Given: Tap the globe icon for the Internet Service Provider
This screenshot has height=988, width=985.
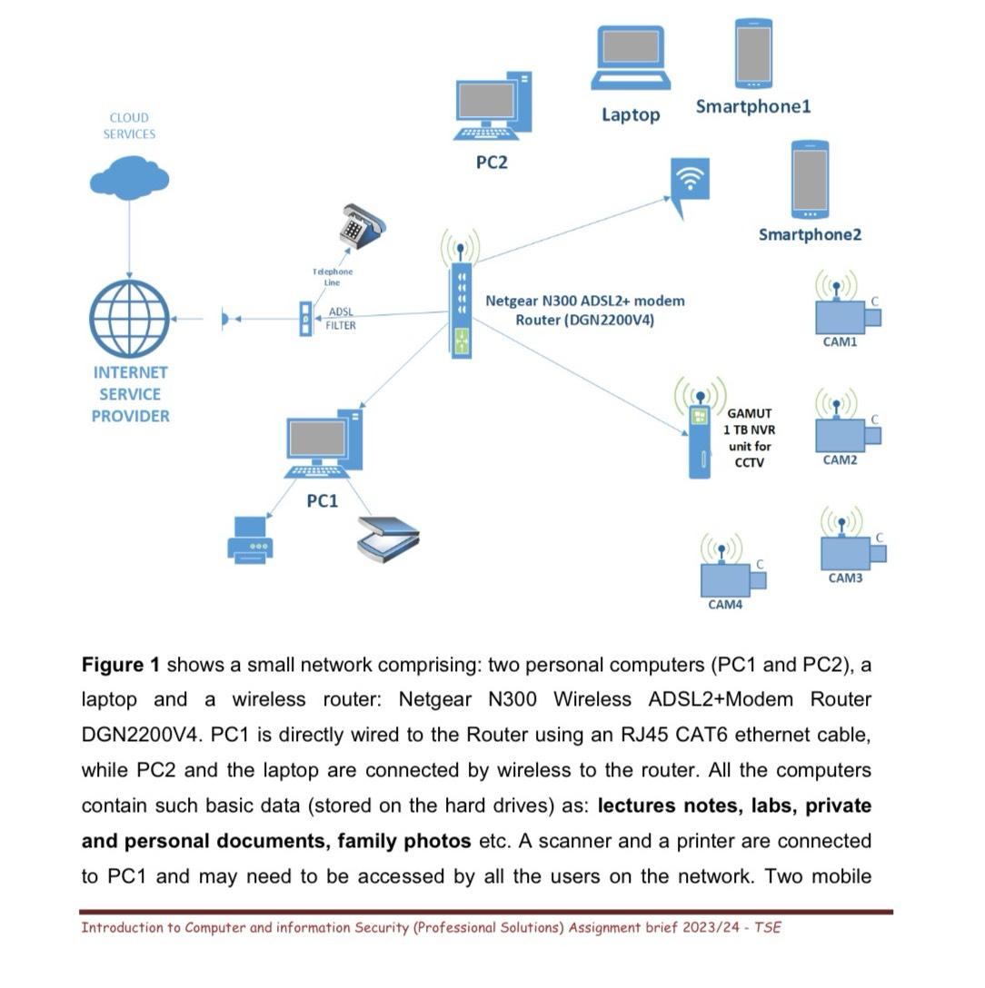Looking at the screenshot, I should pyautogui.click(x=129, y=319).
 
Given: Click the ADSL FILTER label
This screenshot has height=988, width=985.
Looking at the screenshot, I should pyautogui.click(x=340, y=319).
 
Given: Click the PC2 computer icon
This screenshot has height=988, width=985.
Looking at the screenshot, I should pyautogui.click(x=492, y=108).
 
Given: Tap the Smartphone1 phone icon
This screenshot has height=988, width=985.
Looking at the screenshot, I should pyautogui.click(x=753, y=53).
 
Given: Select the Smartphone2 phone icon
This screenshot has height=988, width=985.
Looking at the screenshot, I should pyautogui.click(x=810, y=179).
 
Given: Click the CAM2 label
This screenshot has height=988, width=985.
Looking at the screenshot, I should pyautogui.click(x=840, y=460).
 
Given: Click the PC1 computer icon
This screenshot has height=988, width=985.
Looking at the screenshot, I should pyautogui.click(x=323, y=444).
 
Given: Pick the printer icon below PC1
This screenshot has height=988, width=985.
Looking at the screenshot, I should pyautogui.click(x=249, y=539).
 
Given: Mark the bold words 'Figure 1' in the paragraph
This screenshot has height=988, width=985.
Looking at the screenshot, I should pyautogui.click(x=121, y=665).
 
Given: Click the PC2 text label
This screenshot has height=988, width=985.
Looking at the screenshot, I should pyautogui.click(x=492, y=163).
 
